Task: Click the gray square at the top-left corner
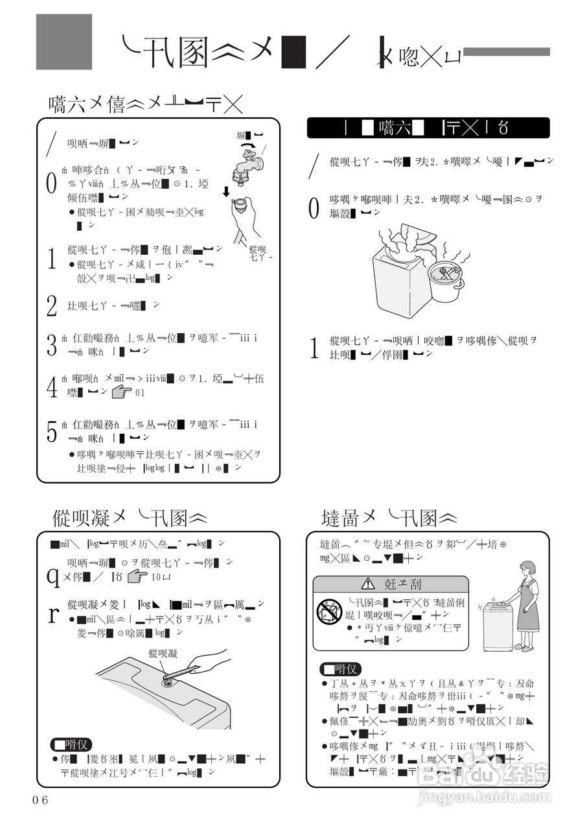pyautogui.click(x=63, y=41)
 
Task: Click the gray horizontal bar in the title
pyautogui.click(x=507, y=52)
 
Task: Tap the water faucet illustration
pyautogui.click(x=248, y=165)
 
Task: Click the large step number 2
pyautogui.click(x=52, y=305)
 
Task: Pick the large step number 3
pyautogui.click(x=52, y=345)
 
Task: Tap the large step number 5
pyautogui.click(x=52, y=432)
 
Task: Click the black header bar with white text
pyautogui.click(x=428, y=128)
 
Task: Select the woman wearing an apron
pyautogui.click(x=525, y=606)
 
